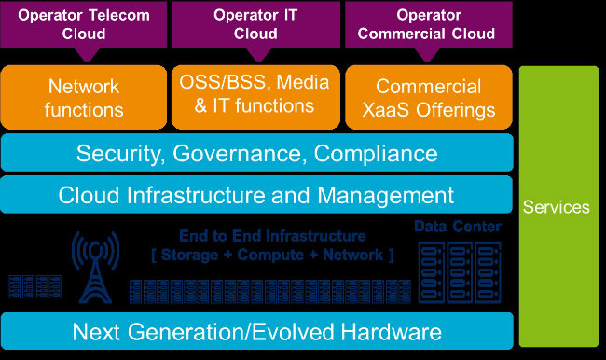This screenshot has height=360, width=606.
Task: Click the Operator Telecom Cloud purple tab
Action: [85, 23]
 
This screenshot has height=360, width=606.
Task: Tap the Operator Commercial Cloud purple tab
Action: [429, 23]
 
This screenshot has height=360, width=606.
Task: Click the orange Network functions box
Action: [85, 98]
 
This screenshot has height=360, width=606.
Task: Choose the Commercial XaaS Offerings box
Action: [429, 98]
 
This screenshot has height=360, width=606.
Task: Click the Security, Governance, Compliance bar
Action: [256, 153]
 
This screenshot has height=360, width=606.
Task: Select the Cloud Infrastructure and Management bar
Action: [256, 195]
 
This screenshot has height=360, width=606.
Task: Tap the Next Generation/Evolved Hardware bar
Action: [256, 331]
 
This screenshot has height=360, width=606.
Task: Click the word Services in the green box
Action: [556, 207]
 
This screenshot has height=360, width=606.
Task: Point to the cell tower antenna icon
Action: [97, 266]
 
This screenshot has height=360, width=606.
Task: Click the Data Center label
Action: [457, 227]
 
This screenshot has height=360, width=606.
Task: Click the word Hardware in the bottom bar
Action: [390, 331]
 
